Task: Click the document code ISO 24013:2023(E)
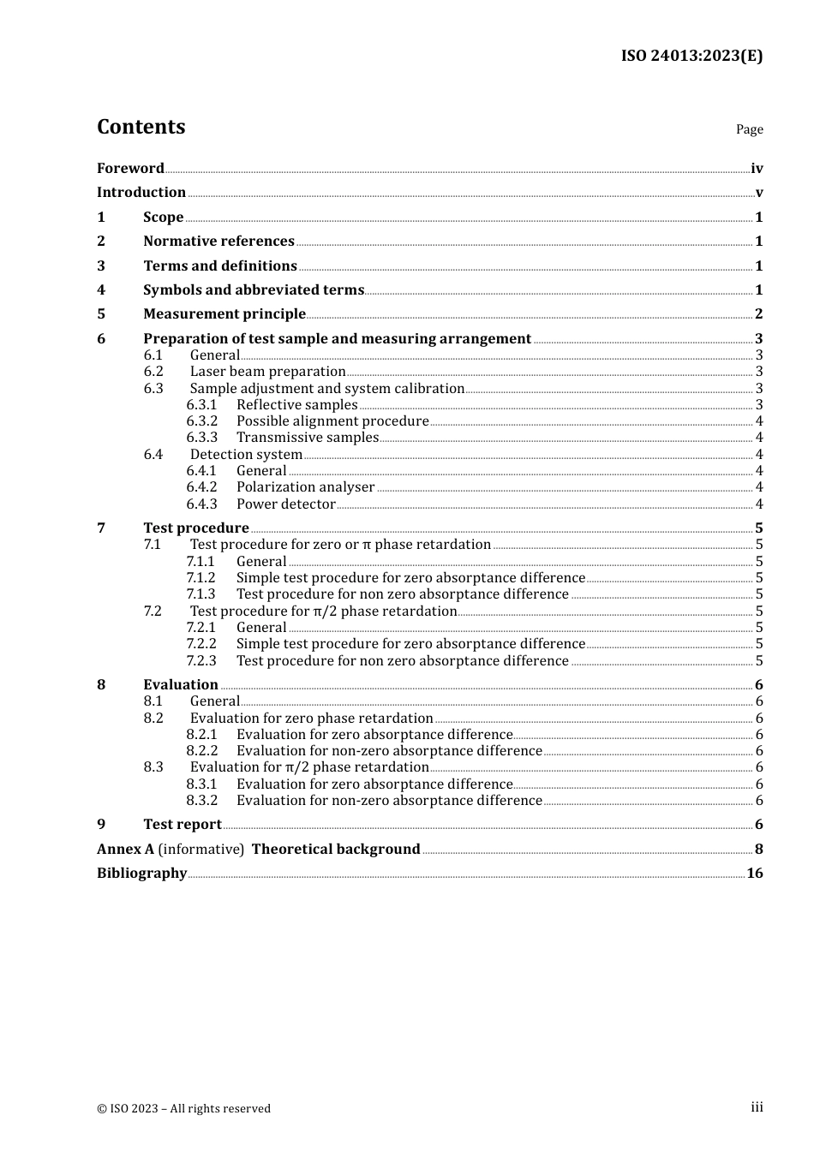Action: (691, 56)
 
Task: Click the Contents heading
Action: (141, 127)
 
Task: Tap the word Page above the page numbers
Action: (749, 129)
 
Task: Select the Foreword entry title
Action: (130, 168)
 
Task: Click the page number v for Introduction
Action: (758, 193)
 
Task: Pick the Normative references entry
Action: (218, 242)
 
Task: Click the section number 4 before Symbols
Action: (101, 290)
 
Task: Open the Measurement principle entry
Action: (224, 314)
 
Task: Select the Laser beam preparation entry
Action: (267, 372)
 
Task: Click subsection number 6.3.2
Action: (201, 421)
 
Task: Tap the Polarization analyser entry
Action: (305, 487)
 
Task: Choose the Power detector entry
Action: (285, 504)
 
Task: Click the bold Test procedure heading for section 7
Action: (195, 528)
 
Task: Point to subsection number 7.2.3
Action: (201, 661)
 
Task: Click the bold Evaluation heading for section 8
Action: (180, 685)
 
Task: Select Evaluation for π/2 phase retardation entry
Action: (308, 767)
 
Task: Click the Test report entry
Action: (182, 825)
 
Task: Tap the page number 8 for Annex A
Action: (758, 850)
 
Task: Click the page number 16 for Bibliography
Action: (754, 874)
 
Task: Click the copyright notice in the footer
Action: (183, 1108)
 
